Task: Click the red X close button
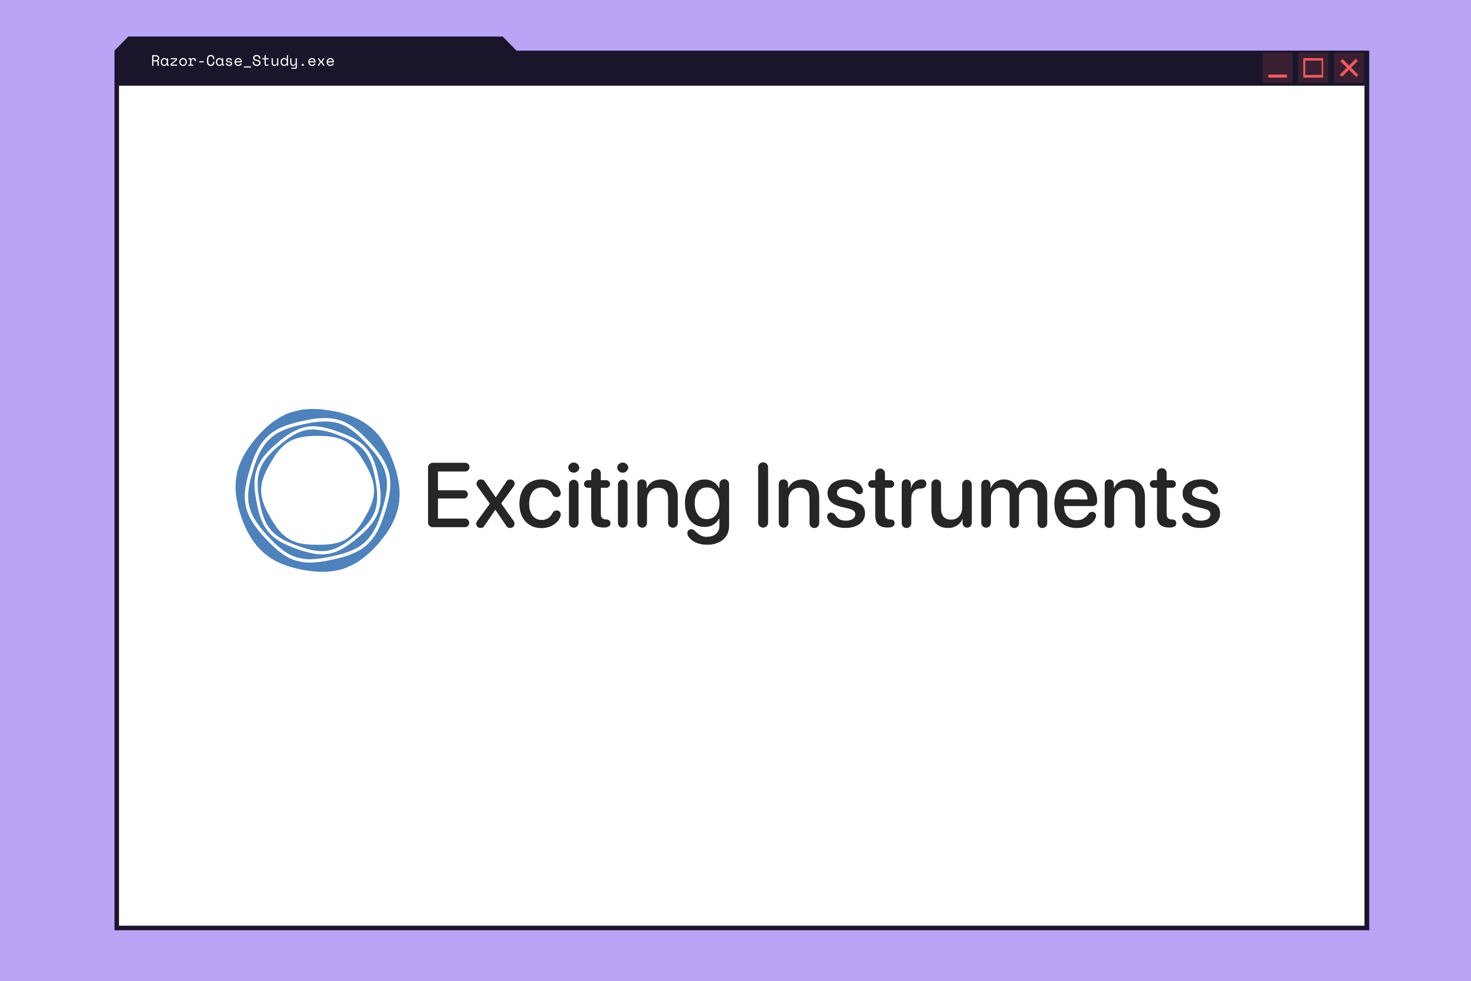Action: (x=1348, y=68)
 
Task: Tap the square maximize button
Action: (x=1313, y=68)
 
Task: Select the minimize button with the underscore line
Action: (x=1277, y=68)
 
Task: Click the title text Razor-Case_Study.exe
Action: (x=243, y=61)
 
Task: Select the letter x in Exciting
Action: (x=495, y=504)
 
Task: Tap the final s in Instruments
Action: (x=1201, y=504)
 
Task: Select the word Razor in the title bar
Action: (x=174, y=61)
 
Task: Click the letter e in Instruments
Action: (x=1076, y=504)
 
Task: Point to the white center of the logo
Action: (x=317, y=490)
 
